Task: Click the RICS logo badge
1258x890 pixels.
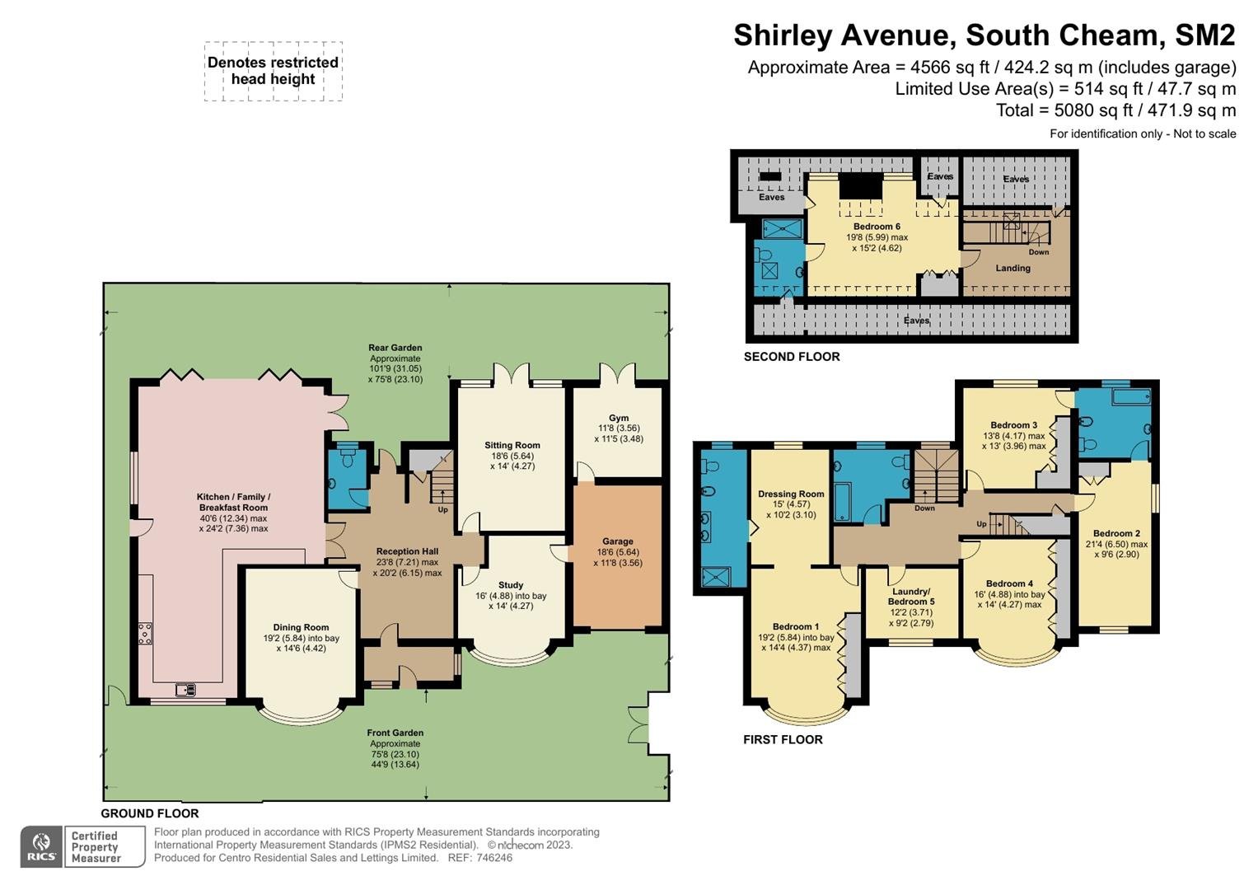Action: coord(41,847)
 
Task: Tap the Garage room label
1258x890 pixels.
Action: coord(618,541)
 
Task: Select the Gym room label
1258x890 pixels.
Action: coord(619,418)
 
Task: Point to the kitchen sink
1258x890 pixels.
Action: coord(185,689)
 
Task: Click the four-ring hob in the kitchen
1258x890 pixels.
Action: coord(145,633)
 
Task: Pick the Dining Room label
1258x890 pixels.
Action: coord(301,627)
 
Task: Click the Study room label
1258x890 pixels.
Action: coord(511,585)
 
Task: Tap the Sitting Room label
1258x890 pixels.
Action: coord(512,445)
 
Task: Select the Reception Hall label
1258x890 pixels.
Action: coord(407,551)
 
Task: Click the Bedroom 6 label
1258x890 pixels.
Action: coord(877,227)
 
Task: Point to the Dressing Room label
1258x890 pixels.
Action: coord(791,494)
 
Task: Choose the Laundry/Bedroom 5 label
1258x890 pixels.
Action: coord(911,596)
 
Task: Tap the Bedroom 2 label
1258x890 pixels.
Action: coord(1116,533)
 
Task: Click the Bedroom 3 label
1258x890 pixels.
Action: coord(1013,424)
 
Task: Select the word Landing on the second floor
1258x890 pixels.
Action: coord(1013,268)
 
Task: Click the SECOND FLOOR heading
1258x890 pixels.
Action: coord(792,356)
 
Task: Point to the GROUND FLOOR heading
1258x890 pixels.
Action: coord(150,813)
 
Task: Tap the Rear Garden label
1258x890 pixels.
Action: coord(395,348)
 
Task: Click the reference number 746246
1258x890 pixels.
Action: coord(494,858)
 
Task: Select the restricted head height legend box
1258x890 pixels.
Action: coord(274,72)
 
